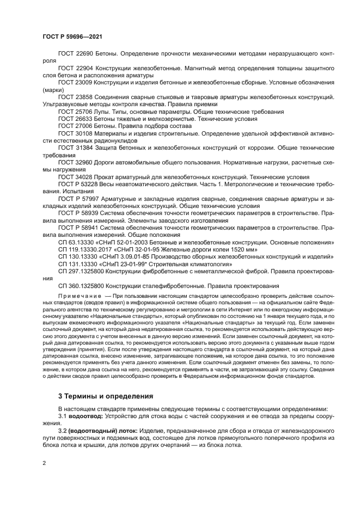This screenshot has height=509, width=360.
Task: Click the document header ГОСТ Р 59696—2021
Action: click(x=72, y=36)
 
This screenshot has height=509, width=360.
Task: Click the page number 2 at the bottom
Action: click(x=44, y=463)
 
